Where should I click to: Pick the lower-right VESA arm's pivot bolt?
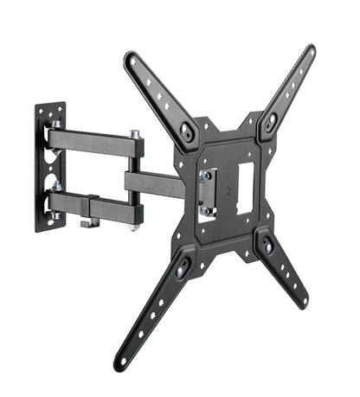point(267,247)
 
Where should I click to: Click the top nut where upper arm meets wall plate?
point(55,125)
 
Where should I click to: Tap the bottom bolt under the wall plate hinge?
point(55,215)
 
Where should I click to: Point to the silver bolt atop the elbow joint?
point(136,134)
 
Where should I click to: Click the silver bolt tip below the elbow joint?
point(136,227)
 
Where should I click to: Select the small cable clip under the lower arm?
point(87,223)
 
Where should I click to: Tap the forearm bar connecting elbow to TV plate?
point(156,184)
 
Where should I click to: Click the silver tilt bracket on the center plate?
point(205,191)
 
